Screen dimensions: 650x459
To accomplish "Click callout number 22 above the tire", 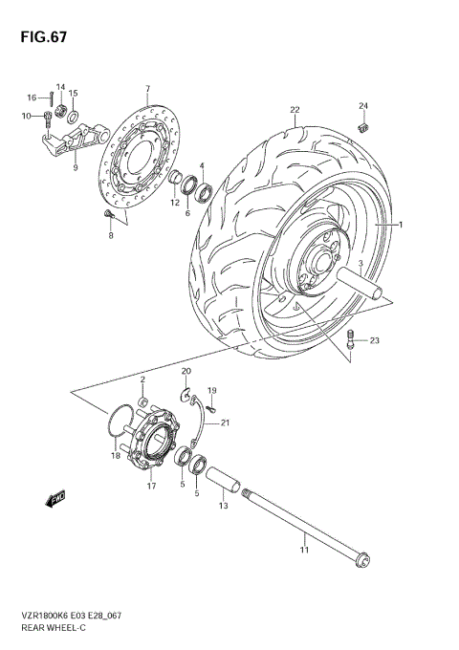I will (295, 109).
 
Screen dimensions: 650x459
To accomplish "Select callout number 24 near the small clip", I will (362, 104).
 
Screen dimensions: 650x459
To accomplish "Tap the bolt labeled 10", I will (47, 119).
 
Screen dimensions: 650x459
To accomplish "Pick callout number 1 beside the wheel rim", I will (403, 226).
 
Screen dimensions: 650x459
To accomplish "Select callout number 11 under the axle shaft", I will (304, 552).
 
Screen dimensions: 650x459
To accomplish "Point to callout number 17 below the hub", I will (150, 486).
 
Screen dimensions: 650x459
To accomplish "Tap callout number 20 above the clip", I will (186, 371).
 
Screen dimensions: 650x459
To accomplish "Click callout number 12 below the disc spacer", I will (175, 203).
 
